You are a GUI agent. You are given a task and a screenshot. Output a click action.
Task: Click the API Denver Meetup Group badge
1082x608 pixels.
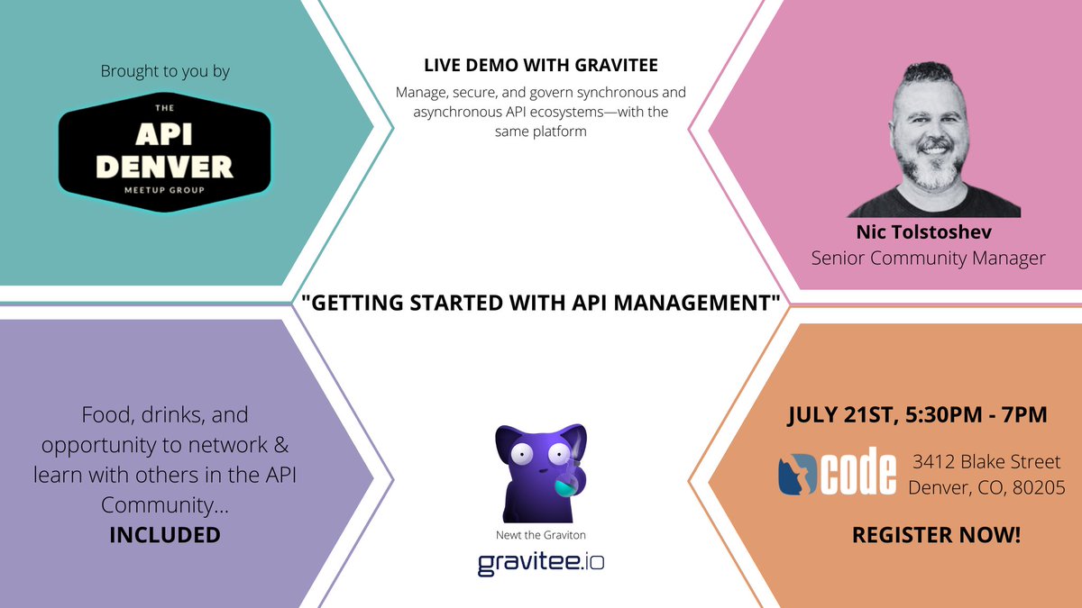[x=164, y=152]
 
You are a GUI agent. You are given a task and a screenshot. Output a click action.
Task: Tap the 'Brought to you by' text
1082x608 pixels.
[x=165, y=71]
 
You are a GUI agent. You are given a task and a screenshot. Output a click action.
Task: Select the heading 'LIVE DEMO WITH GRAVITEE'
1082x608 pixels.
[x=541, y=65]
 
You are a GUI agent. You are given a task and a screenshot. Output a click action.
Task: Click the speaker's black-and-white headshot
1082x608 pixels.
[x=933, y=140]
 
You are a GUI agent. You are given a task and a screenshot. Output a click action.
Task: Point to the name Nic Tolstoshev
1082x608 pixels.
[x=924, y=232]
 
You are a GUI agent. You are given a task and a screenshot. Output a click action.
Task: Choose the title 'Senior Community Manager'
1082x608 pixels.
[x=929, y=259]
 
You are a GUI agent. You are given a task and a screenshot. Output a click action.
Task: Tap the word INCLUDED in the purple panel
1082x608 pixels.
[x=165, y=535]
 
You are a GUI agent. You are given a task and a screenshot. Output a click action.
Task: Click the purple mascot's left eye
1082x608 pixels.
[x=522, y=453]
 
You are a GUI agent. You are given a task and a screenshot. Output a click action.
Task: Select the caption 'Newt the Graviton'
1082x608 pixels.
[x=540, y=535]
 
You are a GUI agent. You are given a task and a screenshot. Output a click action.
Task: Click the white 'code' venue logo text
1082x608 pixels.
[x=857, y=471]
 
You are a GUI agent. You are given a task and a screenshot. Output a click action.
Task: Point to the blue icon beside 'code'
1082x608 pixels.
[x=797, y=475]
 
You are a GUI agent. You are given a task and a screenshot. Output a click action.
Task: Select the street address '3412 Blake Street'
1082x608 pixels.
[x=986, y=462]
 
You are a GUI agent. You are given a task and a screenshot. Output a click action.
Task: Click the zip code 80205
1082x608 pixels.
[x=1039, y=487]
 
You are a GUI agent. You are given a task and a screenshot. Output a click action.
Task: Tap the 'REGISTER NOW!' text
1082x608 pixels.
[x=936, y=535]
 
